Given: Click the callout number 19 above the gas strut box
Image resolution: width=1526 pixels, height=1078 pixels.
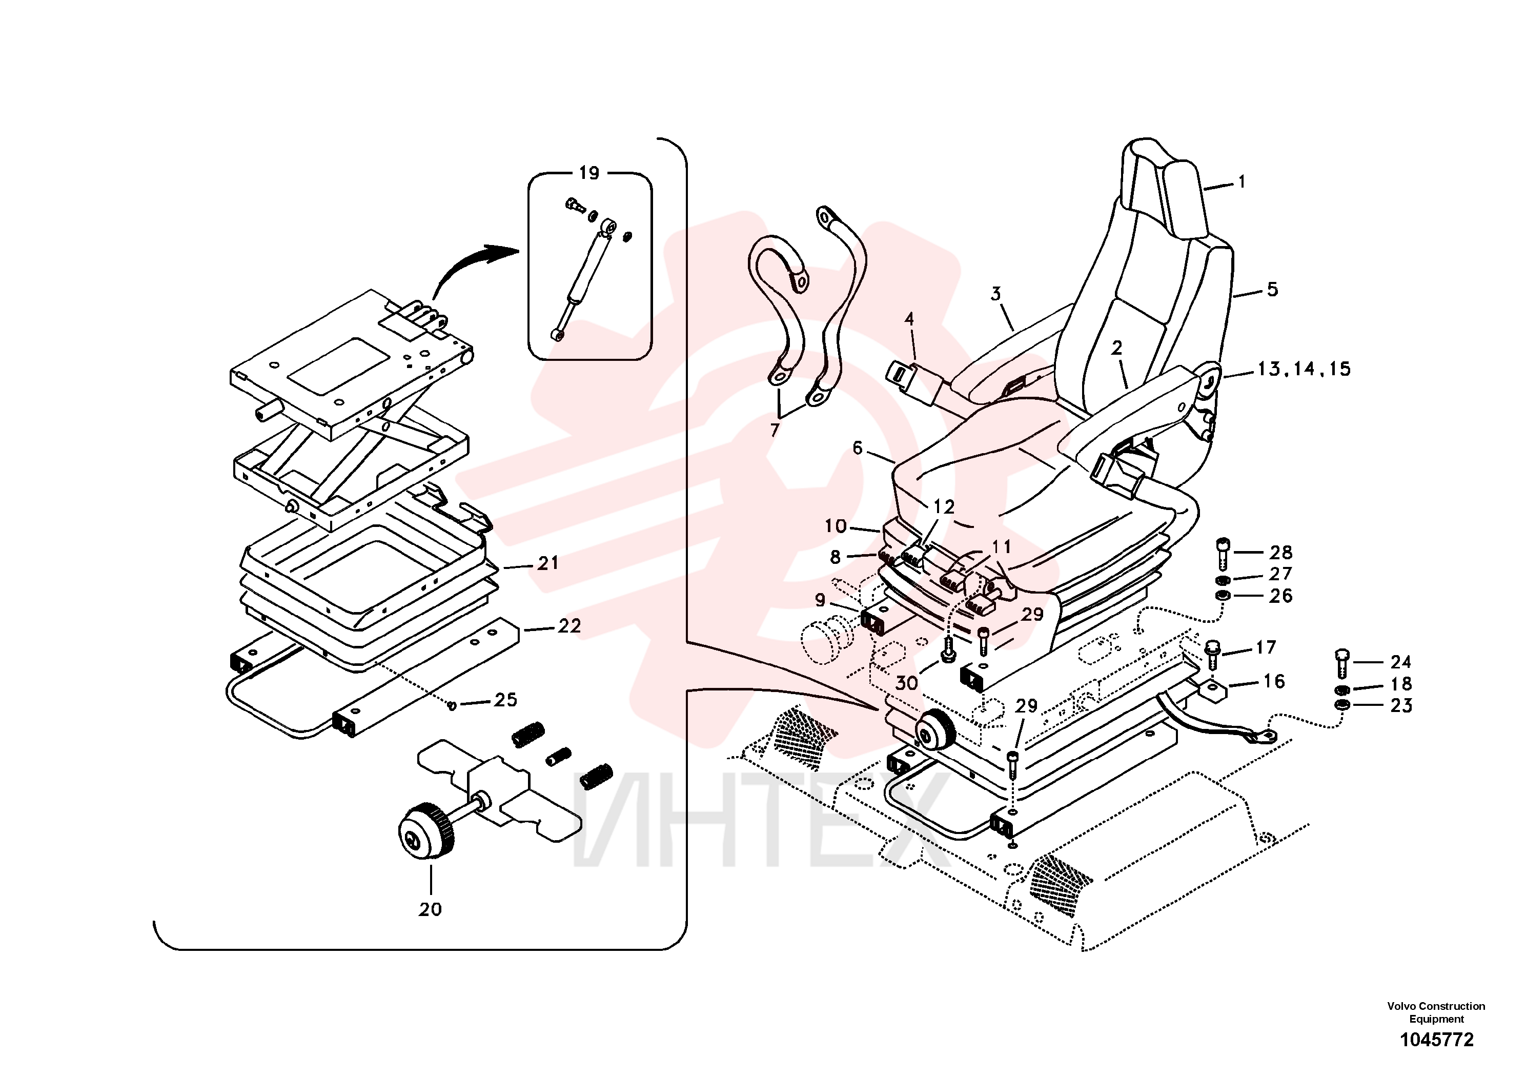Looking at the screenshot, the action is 589,173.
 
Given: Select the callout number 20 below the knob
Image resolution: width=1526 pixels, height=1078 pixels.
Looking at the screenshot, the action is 430,909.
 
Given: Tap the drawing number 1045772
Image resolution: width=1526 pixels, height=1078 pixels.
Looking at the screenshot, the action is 1437,1040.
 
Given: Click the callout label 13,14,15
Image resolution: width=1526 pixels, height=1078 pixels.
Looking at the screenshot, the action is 1304,369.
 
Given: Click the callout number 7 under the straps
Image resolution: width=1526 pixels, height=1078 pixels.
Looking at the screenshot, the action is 775,431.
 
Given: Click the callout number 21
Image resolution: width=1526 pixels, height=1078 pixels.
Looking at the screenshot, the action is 547,563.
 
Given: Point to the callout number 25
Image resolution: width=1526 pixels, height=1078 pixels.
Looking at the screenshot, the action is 505,699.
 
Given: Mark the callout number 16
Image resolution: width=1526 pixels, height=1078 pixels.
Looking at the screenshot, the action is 1273,681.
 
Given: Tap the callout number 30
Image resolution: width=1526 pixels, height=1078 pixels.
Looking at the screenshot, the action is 907,683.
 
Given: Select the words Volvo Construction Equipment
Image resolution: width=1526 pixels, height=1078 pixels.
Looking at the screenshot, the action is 1436,1012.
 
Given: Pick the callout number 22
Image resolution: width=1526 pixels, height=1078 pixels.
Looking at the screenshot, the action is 569,625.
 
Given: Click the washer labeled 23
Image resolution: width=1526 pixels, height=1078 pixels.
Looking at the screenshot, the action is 1342,704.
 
